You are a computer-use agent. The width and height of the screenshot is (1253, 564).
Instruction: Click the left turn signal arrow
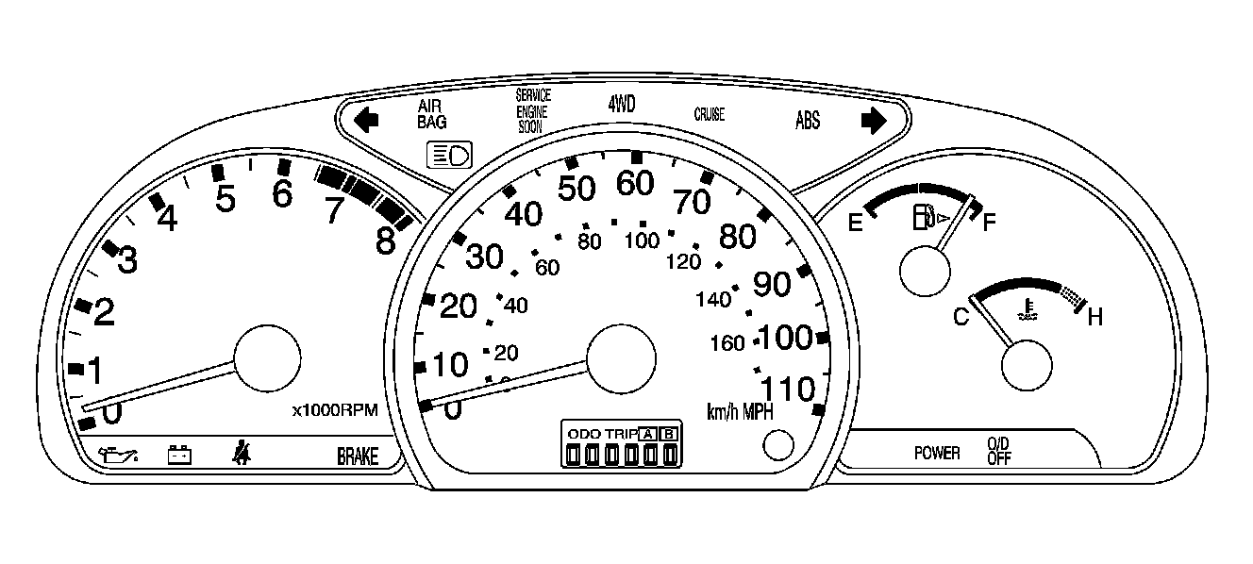tap(367, 120)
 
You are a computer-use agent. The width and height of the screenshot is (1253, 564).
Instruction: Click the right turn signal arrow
tap(874, 120)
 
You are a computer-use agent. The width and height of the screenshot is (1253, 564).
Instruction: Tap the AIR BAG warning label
tap(432, 114)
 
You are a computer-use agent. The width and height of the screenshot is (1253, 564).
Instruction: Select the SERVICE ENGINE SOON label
tap(532, 111)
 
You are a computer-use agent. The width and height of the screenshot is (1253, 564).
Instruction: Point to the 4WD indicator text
tap(622, 104)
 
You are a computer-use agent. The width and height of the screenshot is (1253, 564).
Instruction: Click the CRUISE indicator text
tap(709, 115)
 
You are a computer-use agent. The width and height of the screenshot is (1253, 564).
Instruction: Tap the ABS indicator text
tap(808, 121)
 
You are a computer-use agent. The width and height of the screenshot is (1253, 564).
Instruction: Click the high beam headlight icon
tap(450, 155)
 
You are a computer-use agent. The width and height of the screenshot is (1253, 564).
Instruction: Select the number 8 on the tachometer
tap(385, 242)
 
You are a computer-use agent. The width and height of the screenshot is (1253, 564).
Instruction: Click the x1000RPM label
tap(335, 410)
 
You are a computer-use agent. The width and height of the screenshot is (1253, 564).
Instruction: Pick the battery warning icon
tap(179, 456)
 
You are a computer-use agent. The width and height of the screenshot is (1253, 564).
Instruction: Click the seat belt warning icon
tap(242, 456)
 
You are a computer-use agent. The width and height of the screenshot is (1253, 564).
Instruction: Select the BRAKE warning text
tap(358, 457)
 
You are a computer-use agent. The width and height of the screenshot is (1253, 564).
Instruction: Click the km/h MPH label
tap(741, 412)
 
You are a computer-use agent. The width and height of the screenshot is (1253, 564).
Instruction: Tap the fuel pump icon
tap(922, 220)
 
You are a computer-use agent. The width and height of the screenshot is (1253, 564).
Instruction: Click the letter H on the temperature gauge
tap(1094, 318)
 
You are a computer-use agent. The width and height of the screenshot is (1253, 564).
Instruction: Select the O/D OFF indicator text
tap(998, 452)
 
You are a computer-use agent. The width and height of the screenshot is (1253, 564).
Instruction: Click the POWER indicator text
tap(937, 454)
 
